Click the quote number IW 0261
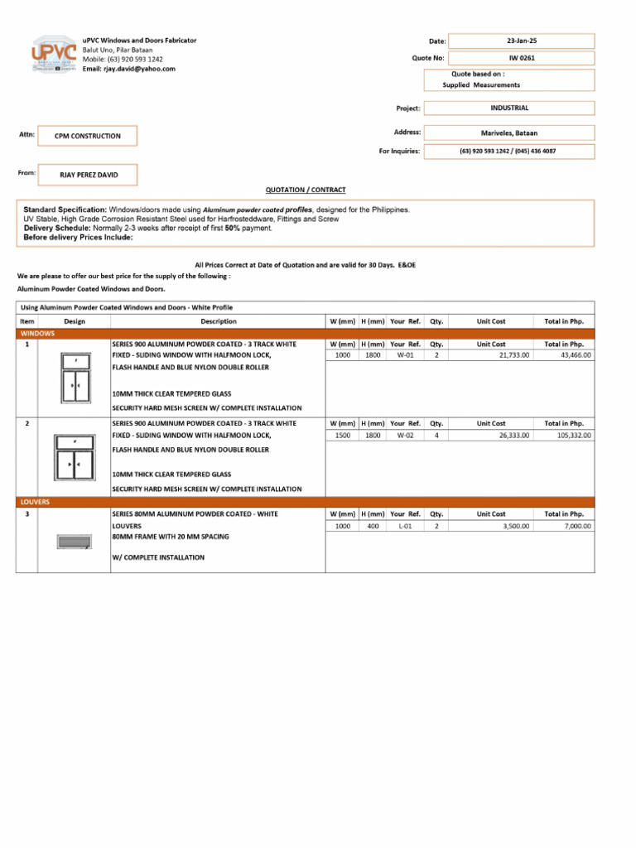pos(522,58)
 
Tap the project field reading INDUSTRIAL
pos(509,108)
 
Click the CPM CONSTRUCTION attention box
pos(88,136)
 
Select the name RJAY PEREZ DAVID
pos(89,175)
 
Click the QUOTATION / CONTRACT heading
pos(305,190)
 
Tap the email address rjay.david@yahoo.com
pos(139,69)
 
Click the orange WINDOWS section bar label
pos(37,333)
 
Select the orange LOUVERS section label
pos(36,502)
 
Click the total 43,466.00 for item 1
pos(573,355)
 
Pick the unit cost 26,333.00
pos(513,435)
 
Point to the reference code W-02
pos(405,435)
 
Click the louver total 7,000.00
pos(577,526)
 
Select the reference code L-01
pos(405,526)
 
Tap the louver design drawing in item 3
pos(74,542)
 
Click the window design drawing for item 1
pos(75,378)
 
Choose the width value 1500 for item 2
pos(341,435)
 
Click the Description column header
pos(218,321)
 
